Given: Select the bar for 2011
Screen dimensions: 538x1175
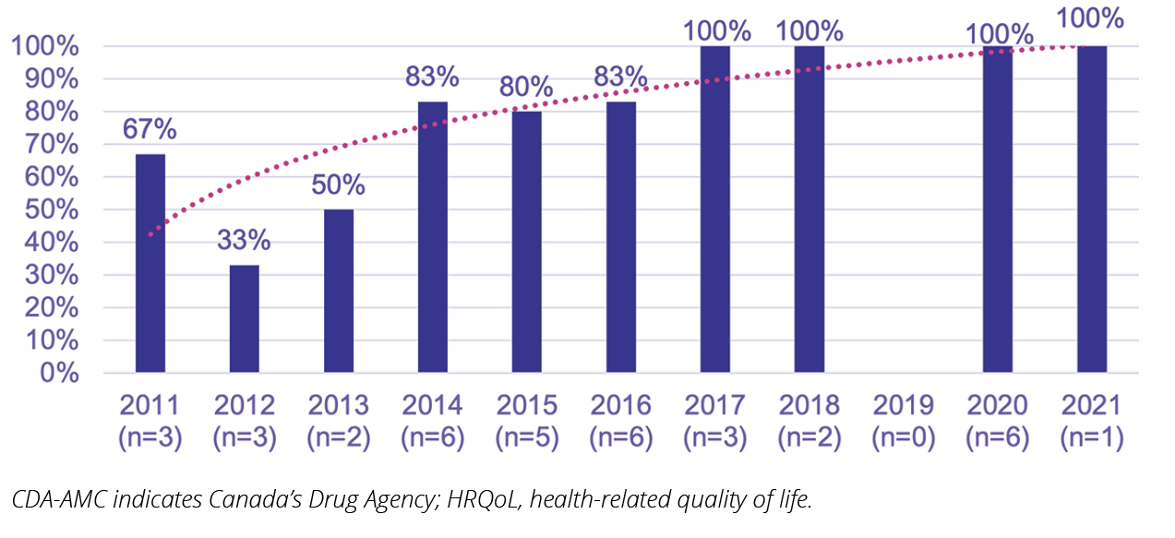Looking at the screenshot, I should coord(150,263).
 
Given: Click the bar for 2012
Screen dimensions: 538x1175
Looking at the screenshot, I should coord(245,318).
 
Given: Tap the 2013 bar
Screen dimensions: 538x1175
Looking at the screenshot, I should coord(339,291).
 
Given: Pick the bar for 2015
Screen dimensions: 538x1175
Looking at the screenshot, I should coord(527,242).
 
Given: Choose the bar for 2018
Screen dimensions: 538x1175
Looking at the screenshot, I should coord(809,209).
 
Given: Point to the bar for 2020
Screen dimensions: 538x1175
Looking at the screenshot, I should coord(998,209).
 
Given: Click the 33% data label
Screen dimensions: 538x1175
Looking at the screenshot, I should coord(245,241).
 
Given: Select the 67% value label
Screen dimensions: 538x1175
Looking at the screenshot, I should coord(150,130).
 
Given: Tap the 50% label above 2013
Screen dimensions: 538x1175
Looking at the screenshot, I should coord(339,185).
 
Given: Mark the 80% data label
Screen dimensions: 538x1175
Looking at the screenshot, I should coord(526,88).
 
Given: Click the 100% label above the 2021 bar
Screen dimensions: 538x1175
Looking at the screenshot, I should coord(1091,18).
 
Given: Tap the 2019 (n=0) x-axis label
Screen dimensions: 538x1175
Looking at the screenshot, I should coord(903,421).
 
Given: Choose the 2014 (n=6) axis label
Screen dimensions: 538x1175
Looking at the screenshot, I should coord(433,421).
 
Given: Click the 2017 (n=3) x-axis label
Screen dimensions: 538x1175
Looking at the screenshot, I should coord(715,421).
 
